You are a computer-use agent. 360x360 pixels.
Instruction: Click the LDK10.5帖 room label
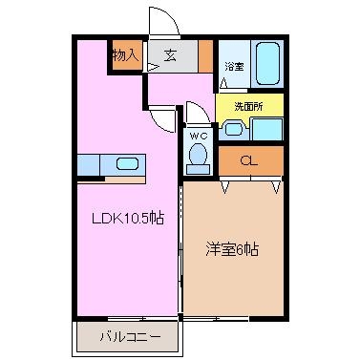point(128,219)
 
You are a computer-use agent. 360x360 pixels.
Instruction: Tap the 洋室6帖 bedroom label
point(232,249)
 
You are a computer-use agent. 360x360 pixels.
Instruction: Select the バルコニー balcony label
point(130,336)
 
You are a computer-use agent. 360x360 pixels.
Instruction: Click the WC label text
point(199,136)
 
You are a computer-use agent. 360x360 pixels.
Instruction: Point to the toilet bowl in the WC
point(198,154)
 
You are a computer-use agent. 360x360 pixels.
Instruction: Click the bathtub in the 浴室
point(267,64)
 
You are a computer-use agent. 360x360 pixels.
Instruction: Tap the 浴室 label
point(235,67)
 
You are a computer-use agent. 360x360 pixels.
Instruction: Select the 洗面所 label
point(248,107)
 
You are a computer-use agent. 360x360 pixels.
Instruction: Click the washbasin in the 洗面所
point(234,129)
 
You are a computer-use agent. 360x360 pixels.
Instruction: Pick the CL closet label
point(249,161)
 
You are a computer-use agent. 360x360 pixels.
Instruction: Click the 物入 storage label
point(126,56)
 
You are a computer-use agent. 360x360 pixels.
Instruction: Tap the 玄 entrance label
point(171,56)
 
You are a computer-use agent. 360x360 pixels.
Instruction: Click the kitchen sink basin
point(128,164)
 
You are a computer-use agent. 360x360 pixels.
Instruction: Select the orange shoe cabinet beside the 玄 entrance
point(205,56)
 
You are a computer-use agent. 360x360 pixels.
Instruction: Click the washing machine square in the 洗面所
point(266,129)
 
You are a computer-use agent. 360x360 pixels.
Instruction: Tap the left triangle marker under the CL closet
point(225,187)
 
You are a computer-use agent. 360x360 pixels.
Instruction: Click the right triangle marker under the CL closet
point(276,187)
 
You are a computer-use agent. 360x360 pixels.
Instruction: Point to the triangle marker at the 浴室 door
point(223,83)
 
